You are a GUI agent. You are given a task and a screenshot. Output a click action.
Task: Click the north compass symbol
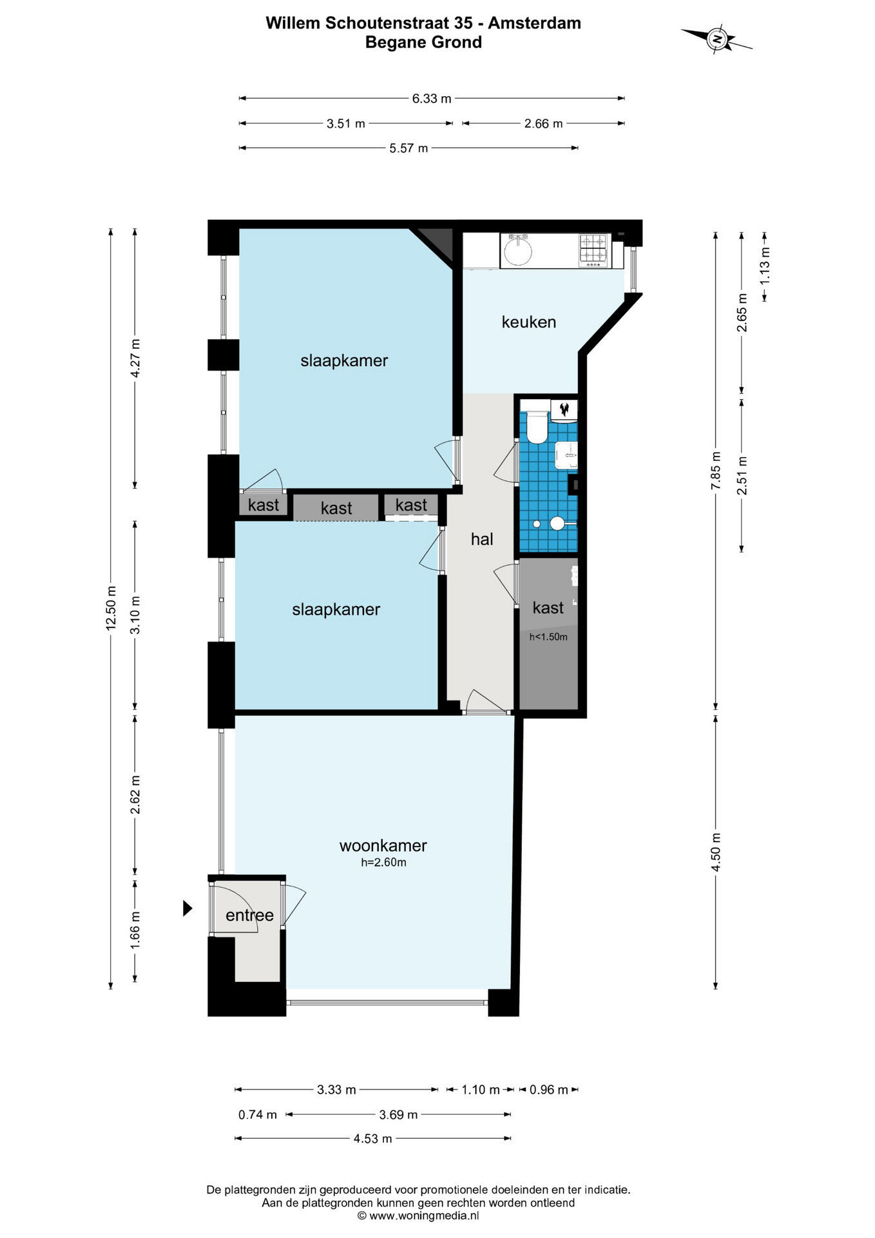coord(716,39)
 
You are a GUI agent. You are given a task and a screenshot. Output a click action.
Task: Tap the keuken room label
coord(528,322)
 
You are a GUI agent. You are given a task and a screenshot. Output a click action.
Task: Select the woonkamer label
coord(383,845)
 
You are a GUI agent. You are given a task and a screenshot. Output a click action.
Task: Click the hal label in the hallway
coord(482,539)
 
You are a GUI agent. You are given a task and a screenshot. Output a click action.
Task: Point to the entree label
coord(249,915)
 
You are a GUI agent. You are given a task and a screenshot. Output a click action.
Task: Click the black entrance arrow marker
coord(187,908)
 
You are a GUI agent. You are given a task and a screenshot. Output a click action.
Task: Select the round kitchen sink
coord(517,251)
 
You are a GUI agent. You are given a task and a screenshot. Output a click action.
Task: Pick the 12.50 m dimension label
coord(111,608)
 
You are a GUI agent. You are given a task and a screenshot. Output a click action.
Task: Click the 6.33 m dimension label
coord(432,99)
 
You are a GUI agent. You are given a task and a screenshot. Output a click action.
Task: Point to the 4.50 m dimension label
coord(716,851)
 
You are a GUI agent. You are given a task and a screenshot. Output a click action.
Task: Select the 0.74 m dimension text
coord(258,1114)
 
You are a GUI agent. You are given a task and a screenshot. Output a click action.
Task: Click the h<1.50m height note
coord(548,637)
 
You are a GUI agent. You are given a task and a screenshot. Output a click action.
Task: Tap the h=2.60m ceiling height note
coord(383,862)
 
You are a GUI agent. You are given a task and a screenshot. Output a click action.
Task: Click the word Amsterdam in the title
coord(534,23)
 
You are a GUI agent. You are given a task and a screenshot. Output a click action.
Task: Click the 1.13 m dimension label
coord(765,266)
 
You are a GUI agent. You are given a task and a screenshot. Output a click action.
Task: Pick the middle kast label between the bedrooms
coord(336,508)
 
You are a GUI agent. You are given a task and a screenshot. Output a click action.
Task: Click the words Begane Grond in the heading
coord(423,43)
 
